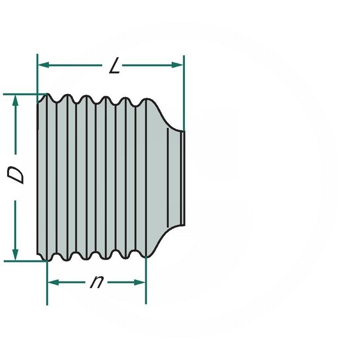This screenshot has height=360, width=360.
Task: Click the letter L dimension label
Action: pyautogui.click(x=115, y=67)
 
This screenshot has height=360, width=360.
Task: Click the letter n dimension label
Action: pyautogui.click(x=95, y=282)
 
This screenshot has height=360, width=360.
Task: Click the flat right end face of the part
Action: pyautogui.click(x=184, y=178)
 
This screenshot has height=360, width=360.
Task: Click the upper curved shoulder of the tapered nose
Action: pyautogui.click(x=165, y=118)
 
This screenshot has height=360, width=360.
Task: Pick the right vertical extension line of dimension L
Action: pyautogui.click(x=184, y=90)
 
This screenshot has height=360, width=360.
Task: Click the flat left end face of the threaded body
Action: pyautogui.click(x=37, y=178)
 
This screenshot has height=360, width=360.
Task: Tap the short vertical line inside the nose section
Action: pyautogui.click(x=167, y=178)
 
